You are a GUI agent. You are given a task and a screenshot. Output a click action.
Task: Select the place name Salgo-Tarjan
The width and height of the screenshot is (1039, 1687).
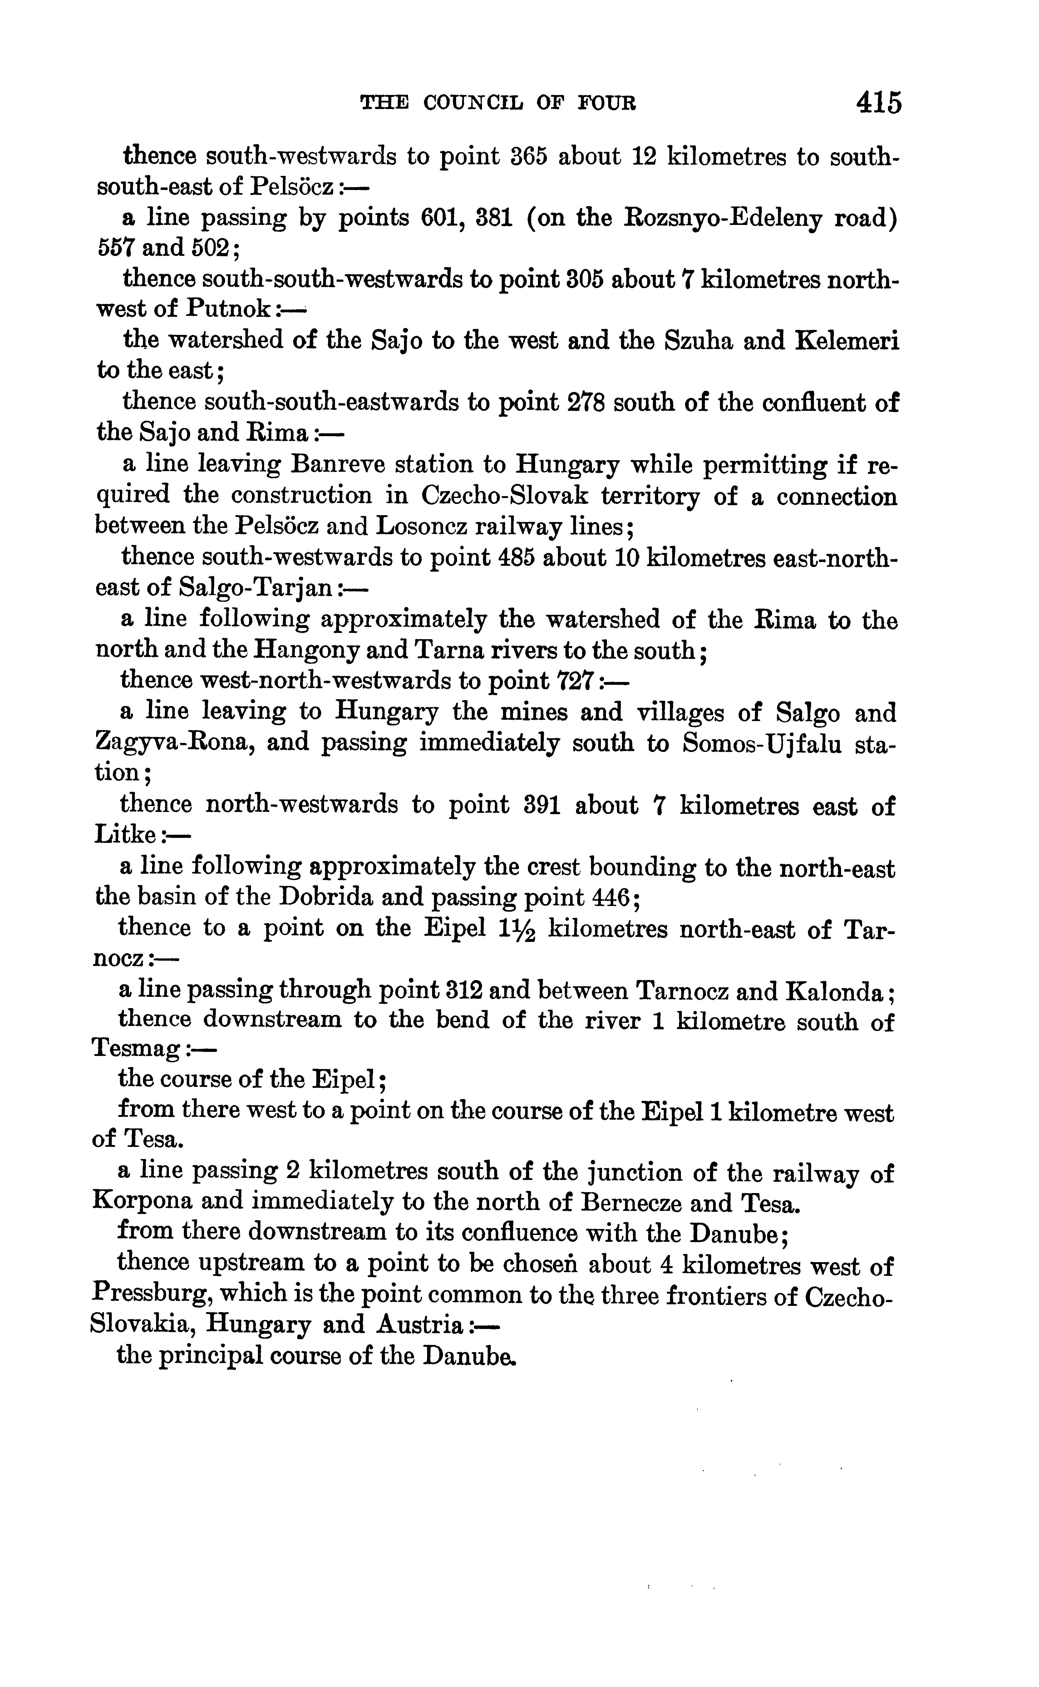[x=256, y=589]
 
